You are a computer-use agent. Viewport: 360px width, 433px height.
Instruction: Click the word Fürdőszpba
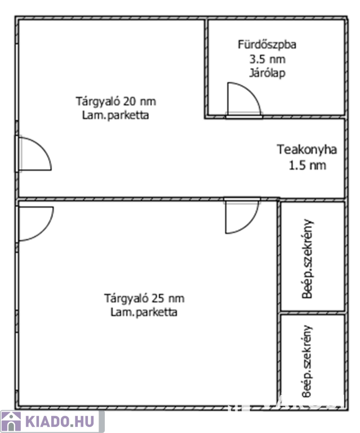pyautogui.click(x=267, y=45)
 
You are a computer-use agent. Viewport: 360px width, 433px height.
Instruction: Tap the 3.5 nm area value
pyautogui.click(x=267, y=59)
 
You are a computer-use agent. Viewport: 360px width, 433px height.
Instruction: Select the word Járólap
pyautogui.click(x=267, y=73)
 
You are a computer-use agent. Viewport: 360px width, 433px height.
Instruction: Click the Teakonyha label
pyautogui.click(x=306, y=150)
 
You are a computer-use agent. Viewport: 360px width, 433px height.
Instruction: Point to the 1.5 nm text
pyautogui.click(x=307, y=165)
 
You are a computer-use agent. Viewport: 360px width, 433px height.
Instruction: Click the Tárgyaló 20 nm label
pyautogui.click(x=116, y=101)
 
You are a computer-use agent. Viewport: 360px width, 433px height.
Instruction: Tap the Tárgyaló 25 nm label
pyautogui.click(x=144, y=298)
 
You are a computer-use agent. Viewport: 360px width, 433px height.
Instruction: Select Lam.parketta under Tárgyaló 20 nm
pyautogui.click(x=115, y=116)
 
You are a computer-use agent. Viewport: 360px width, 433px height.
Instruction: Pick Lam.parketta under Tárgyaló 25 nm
pyautogui.click(x=144, y=312)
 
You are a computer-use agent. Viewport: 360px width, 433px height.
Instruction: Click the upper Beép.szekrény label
pyautogui.click(x=308, y=259)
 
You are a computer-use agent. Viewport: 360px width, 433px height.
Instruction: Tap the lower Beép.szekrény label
pyautogui.click(x=307, y=361)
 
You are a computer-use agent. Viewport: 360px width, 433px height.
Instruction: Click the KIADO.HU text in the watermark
pyautogui.click(x=60, y=422)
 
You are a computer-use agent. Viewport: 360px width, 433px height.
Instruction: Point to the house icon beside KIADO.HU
pyautogui.click(x=11, y=422)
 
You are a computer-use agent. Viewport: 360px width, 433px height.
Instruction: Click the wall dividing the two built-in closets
pyautogui.click(x=312, y=312)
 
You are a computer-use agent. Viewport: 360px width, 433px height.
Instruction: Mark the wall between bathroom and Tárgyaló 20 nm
pyautogui.click(x=206, y=68)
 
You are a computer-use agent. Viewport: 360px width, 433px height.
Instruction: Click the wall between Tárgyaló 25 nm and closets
pyautogui.click(x=279, y=303)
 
